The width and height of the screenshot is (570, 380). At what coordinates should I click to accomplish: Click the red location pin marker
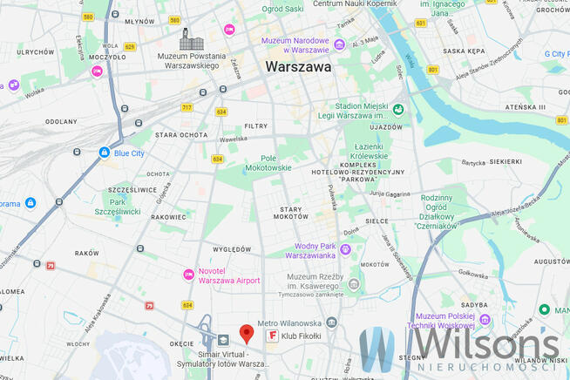coord(247,333)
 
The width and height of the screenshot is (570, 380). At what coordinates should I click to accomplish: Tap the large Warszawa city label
coord(298,66)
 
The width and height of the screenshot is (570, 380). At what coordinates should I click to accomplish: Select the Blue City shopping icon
coord(104,153)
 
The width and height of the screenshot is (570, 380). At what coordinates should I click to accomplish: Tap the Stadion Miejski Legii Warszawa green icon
coord(397,110)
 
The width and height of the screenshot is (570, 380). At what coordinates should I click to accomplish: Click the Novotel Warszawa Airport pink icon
coord(188,275)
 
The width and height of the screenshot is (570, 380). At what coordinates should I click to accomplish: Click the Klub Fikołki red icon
coord(272,336)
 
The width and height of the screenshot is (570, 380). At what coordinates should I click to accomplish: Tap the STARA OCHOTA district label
coord(181,135)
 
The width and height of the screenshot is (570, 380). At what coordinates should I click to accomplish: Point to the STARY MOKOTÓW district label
coord(290,214)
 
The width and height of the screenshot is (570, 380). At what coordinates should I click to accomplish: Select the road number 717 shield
coord(187,107)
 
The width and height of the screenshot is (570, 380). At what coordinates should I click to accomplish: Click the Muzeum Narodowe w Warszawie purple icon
coord(265,41)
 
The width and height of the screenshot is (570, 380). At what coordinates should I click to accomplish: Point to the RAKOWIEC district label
coord(168,217)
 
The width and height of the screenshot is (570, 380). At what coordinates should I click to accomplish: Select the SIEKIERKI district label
coord(505,161)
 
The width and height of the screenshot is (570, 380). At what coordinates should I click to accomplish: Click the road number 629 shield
coord(130,46)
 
